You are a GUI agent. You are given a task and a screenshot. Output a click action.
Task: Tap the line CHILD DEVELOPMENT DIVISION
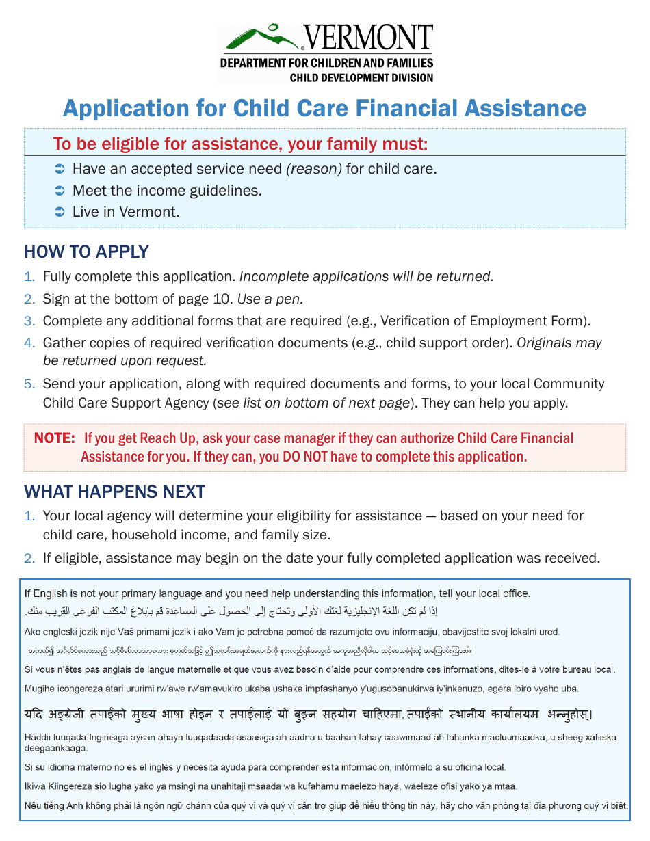click(361, 78)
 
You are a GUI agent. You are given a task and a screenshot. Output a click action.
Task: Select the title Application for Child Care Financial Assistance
click(324, 109)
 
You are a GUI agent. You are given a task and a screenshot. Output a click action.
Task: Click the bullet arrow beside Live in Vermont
click(59, 212)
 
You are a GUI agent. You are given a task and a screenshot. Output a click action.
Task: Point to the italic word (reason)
click(314, 168)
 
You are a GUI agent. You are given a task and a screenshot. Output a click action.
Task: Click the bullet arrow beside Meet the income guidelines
click(59, 191)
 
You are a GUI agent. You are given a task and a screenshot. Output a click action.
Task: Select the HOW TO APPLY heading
click(86, 252)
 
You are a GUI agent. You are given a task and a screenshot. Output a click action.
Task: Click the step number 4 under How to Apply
click(29, 343)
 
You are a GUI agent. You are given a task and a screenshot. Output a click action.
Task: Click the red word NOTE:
click(54, 438)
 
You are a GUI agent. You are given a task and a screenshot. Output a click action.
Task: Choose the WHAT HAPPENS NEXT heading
click(114, 492)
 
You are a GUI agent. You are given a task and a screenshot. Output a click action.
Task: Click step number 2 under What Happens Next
click(29, 558)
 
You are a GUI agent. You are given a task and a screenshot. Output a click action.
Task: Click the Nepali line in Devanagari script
click(308, 715)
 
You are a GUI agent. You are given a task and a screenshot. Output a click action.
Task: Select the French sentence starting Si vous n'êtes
click(320, 669)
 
